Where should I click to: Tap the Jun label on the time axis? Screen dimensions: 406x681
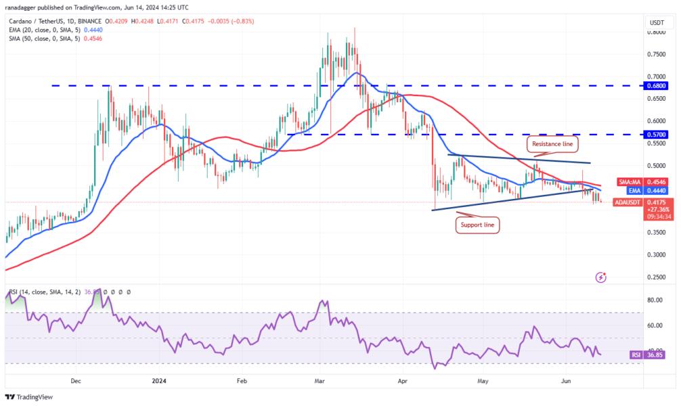pos(565,381)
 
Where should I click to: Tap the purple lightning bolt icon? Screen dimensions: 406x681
pos(600,277)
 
